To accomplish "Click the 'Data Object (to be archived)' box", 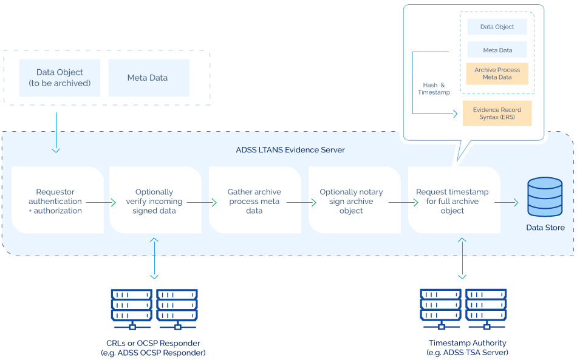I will point(60,78).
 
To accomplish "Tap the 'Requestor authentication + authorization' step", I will point(55,201).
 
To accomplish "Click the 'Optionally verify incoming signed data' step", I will point(154,201).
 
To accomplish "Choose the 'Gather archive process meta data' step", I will point(254,201).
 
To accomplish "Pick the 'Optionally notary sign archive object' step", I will point(351,201).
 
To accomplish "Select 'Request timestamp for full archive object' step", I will point(452,201).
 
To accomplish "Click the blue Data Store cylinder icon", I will point(545,196).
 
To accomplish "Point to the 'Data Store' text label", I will point(545,228).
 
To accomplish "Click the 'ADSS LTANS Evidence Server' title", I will point(290,149).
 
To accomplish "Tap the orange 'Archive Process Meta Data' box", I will point(497,73).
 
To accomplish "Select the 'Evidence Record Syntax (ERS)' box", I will point(497,114).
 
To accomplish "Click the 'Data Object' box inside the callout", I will point(497,27).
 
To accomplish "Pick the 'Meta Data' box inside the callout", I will point(497,50).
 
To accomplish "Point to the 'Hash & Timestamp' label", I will point(434,89).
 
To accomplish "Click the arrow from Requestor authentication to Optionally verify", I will point(101,202).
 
